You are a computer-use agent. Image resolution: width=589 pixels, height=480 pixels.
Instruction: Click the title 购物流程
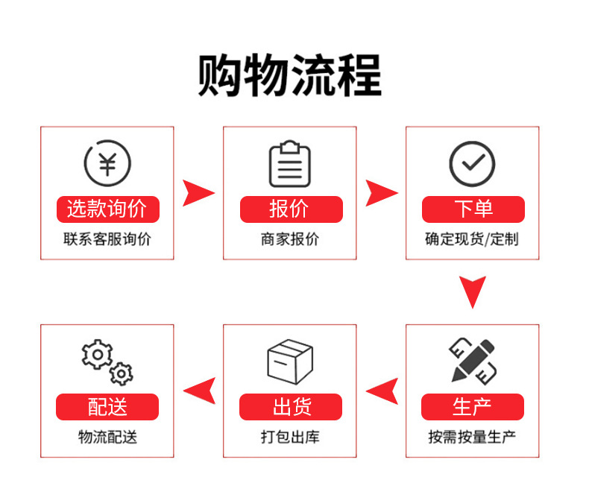(x=289, y=76)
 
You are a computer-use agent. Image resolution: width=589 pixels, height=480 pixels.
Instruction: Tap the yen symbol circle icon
(x=107, y=162)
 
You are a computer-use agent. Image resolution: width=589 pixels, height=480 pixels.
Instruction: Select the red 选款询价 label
(x=107, y=209)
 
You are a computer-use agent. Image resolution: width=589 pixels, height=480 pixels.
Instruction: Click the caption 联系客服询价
(x=107, y=240)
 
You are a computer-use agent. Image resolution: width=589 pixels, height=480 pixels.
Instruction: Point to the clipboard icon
(x=289, y=163)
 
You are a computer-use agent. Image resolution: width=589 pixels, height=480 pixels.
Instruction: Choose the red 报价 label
(x=290, y=209)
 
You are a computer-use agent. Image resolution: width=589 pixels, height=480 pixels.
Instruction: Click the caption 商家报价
(x=290, y=240)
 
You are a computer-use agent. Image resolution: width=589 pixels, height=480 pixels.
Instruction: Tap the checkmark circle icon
(x=472, y=163)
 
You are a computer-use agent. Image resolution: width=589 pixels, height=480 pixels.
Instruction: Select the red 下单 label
(x=473, y=209)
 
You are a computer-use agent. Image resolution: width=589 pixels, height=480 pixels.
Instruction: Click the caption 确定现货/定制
(x=472, y=240)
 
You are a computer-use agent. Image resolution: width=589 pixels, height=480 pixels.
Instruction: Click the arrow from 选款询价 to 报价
(x=198, y=193)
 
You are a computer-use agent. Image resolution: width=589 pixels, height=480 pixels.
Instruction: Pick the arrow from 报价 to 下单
(x=380, y=193)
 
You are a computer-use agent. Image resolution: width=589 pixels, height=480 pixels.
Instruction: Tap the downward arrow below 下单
(x=472, y=291)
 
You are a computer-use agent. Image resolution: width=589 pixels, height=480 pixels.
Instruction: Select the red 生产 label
(x=472, y=407)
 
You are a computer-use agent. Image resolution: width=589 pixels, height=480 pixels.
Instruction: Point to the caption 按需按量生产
(x=472, y=438)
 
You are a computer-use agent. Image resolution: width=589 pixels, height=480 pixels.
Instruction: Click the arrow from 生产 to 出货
(x=382, y=391)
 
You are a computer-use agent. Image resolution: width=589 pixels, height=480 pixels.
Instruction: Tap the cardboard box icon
(x=289, y=361)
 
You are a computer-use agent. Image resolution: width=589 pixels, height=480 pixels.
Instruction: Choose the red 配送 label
(x=107, y=407)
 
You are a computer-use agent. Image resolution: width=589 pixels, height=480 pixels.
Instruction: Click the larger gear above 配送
(x=97, y=354)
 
